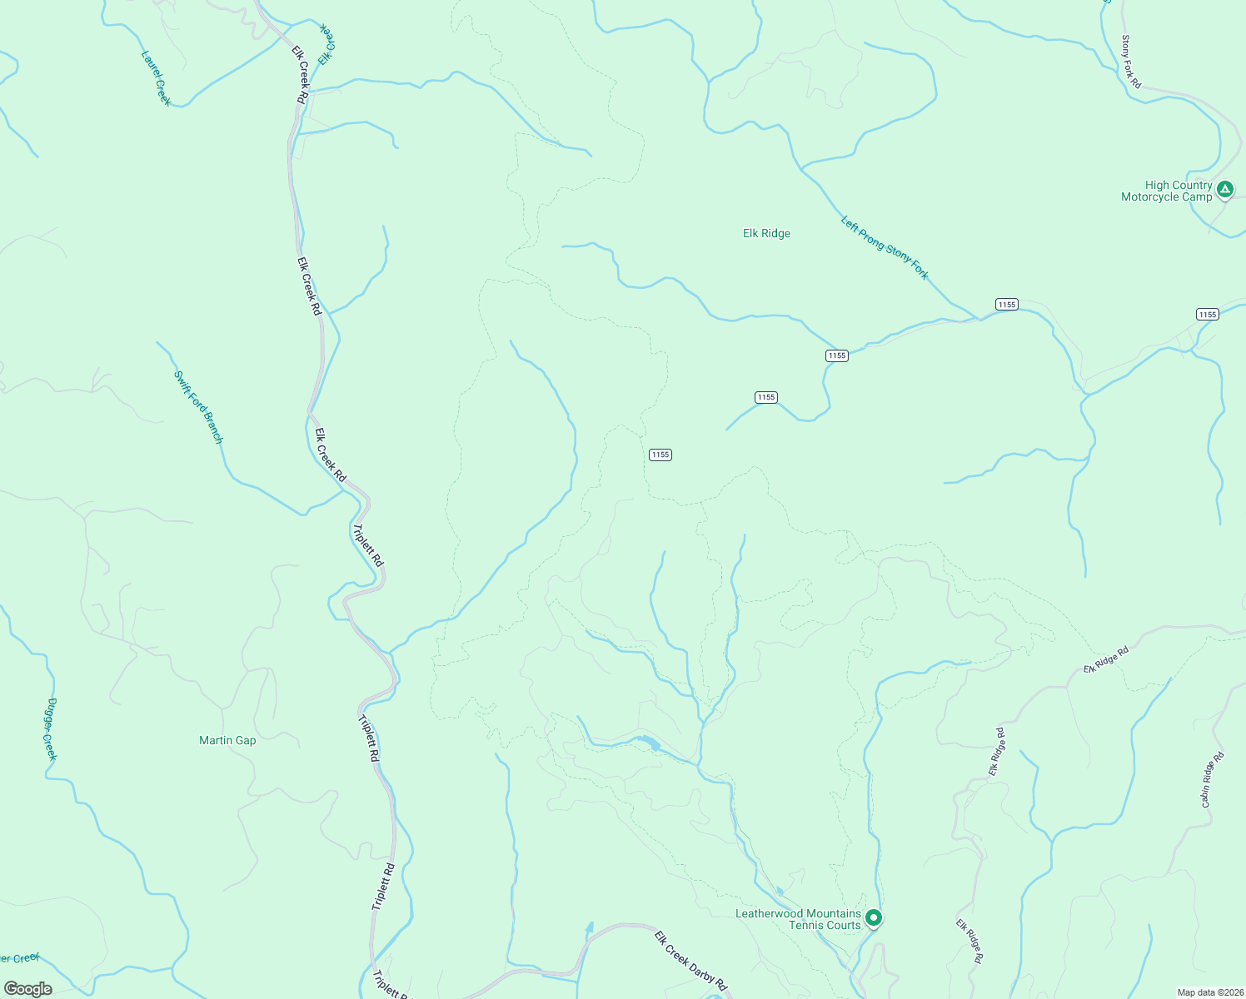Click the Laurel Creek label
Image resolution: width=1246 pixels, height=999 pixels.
156,78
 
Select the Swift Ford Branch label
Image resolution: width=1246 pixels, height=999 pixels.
198,407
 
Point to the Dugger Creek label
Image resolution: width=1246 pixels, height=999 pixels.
51,728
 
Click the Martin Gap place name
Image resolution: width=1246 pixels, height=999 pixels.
227,740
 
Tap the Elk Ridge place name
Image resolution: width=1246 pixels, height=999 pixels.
766,233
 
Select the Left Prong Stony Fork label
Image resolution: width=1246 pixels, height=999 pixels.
885,247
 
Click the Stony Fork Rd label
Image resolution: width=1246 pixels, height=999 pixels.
1130,62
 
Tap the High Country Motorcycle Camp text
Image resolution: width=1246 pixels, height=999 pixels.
1167,191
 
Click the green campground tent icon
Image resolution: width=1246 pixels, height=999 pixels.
1224,190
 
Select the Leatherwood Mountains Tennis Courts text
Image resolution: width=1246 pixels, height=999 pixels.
798,919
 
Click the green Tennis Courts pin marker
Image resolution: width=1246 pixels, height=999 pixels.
874,917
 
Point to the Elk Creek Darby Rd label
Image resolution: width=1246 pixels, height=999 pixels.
690,960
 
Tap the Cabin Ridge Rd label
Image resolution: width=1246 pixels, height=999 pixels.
1212,780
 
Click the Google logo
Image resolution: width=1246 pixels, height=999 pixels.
27,988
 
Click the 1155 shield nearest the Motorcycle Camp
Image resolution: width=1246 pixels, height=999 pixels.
1207,314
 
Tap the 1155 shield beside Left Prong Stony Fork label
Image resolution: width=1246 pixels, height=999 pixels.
1006,304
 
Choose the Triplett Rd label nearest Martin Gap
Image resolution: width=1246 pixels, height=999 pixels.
368,738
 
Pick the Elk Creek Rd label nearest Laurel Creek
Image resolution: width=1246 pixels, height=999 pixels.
300,73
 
